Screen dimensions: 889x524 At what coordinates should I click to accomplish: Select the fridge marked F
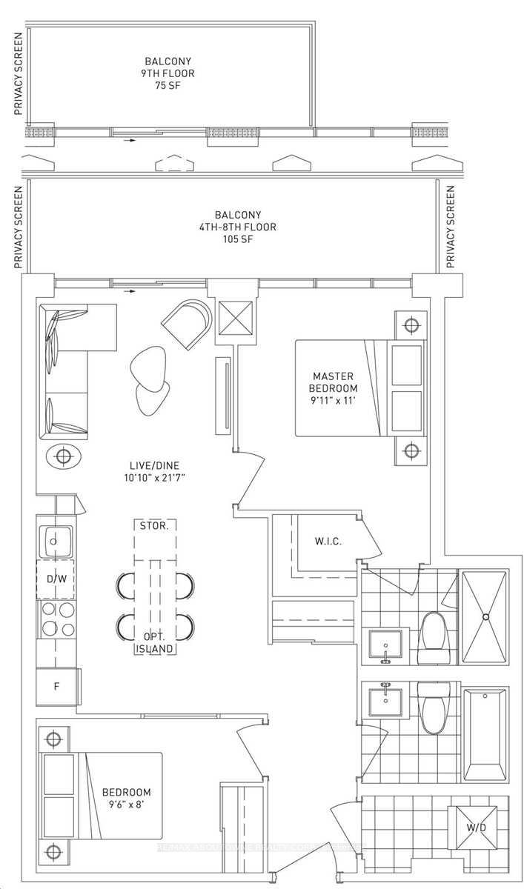[x=56, y=686]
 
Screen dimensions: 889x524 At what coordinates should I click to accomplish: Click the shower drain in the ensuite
[x=485, y=616]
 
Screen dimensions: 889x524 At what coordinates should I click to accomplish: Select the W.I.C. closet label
[x=327, y=542]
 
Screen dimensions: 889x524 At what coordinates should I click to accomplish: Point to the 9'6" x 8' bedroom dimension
[x=127, y=805]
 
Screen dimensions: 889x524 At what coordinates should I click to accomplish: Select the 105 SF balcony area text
[x=236, y=239]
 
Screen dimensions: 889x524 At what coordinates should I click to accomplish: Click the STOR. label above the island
[x=154, y=525]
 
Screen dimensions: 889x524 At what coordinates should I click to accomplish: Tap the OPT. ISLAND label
[x=155, y=643]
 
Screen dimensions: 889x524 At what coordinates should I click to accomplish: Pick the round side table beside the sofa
[x=64, y=456]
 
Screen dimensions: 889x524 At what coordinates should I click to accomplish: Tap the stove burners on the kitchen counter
[x=58, y=619]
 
